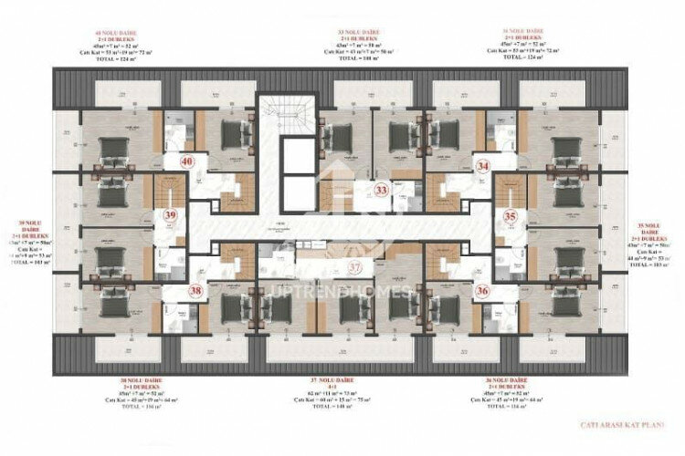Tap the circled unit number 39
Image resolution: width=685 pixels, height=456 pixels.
(170, 215)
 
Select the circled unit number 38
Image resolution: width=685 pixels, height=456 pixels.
(195, 291)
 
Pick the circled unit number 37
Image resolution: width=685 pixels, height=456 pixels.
(356, 266)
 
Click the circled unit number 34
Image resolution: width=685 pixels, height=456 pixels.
(483, 166)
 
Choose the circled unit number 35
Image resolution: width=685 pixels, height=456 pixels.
(511, 217)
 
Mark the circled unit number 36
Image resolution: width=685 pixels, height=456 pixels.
(483, 291)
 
